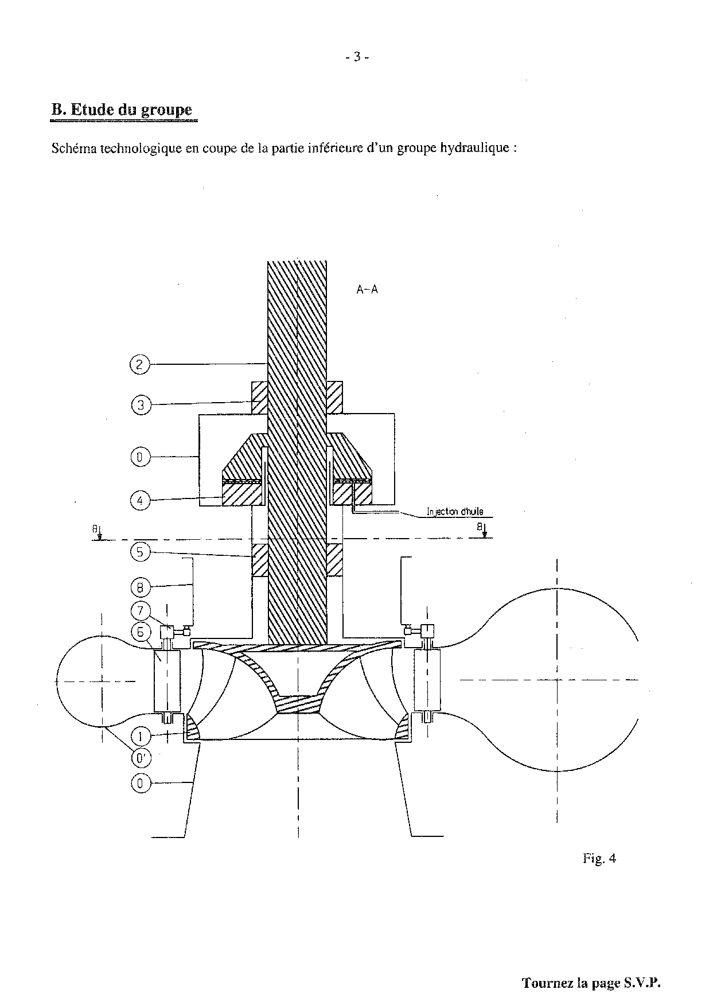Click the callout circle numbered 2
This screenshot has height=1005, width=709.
pyautogui.click(x=139, y=364)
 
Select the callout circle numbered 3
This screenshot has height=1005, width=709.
pyautogui.click(x=139, y=405)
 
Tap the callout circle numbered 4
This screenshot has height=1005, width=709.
pyautogui.click(x=139, y=500)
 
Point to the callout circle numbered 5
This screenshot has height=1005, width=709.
pyautogui.click(x=139, y=552)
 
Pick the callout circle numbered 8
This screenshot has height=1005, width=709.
pyautogui.click(x=139, y=587)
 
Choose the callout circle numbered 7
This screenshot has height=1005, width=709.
pyautogui.click(x=139, y=610)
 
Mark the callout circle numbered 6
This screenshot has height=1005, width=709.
pyautogui.click(x=139, y=632)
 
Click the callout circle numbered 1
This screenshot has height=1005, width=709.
pyautogui.click(x=139, y=736)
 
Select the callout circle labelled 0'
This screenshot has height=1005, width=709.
pyautogui.click(x=139, y=759)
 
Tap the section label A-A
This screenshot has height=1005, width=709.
pyautogui.click(x=367, y=290)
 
